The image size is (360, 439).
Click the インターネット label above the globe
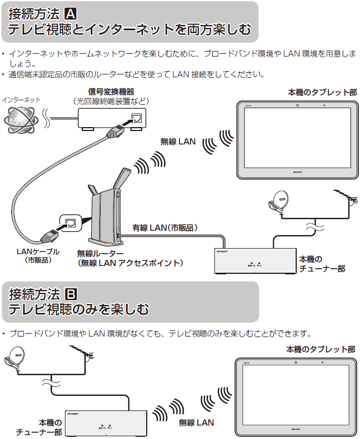tap(21, 100)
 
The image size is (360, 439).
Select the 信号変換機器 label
tap(111, 92)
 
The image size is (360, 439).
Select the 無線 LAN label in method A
tap(178, 142)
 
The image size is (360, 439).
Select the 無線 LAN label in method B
tap(196, 421)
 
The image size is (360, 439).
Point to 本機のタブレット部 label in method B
tap(320, 349)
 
